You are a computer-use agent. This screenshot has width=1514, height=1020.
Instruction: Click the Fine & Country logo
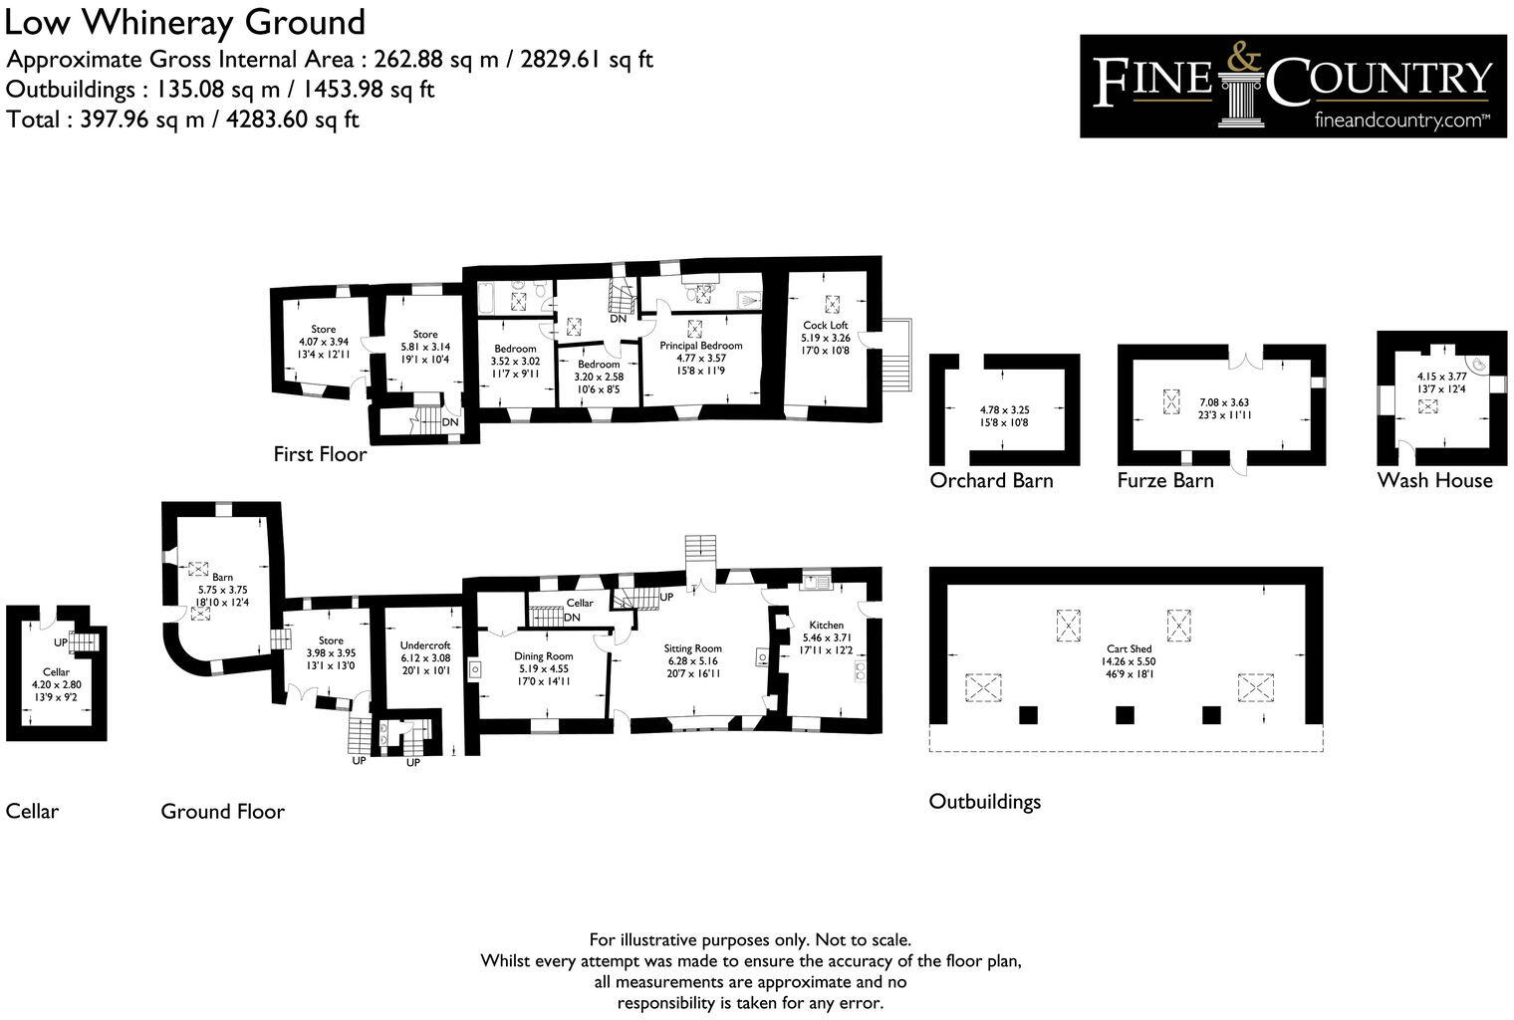click(1293, 86)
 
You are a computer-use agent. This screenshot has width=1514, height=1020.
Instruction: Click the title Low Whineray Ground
click(185, 22)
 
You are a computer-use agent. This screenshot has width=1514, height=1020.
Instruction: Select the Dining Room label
click(543, 656)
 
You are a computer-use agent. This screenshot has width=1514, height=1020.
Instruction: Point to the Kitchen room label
click(827, 626)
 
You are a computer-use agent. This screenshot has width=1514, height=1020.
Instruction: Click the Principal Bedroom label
click(700, 346)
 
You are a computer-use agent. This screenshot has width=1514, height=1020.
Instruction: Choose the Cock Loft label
click(826, 326)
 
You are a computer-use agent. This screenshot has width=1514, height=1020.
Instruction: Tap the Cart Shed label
click(1127, 648)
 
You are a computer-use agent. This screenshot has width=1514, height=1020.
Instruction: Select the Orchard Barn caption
click(991, 480)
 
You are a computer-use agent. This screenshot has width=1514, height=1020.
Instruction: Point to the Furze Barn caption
click(1165, 480)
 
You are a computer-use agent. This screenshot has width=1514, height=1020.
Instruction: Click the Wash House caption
click(1434, 480)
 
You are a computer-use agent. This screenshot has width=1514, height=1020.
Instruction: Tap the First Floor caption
click(320, 454)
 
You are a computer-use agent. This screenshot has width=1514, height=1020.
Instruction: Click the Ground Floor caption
click(222, 812)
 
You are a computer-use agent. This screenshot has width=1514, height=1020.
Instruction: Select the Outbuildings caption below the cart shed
click(984, 802)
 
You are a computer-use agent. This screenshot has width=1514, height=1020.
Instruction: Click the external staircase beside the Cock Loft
click(897, 356)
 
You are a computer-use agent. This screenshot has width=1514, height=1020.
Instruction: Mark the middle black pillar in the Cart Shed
click(1125, 714)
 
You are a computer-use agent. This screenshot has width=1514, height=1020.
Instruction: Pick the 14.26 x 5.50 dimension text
click(1127, 661)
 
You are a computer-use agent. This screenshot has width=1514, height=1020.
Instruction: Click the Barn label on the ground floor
click(222, 577)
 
